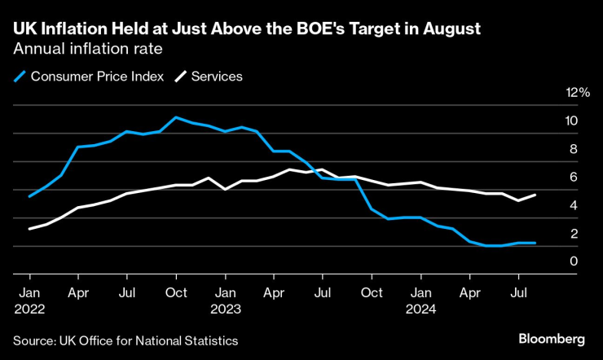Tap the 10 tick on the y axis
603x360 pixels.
pos(572,121)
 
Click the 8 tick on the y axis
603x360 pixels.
pos(574,149)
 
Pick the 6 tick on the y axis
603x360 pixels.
pos(574,177)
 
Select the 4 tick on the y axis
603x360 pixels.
pos(574,205)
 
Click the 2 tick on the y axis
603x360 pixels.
pos(574,234)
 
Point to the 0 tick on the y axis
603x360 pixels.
pos(574,261)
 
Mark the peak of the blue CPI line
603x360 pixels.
pos(176,117)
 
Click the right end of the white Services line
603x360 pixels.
pos(535,195)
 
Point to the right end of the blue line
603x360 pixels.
pos(535,243)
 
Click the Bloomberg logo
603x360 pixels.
pos(552,338)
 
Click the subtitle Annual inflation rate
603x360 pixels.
pos(86,49)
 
